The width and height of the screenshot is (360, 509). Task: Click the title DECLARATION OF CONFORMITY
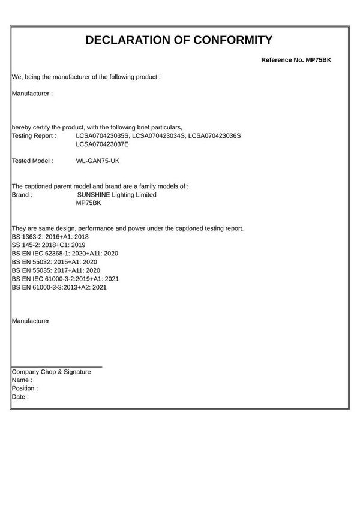pyautogui.click(x=179, y=41)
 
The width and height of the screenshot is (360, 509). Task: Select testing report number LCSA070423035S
pyautogui.click(x=102, y=136)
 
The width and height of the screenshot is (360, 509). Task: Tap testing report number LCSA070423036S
pyautogui.click(x=214, y=136)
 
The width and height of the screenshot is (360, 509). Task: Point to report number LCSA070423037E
pyautogui.click(x=102, y=144)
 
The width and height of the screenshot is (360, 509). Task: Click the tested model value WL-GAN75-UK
pyautogui.click(x=98, y=161)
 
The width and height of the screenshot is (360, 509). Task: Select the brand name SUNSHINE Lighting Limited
pyautogui.click(x=117, y=195)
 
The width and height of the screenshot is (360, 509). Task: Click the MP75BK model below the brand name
pyautogui.click(x=89, y=203)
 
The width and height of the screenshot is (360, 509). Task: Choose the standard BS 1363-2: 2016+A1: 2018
pyautogui.click(x=50, y=237)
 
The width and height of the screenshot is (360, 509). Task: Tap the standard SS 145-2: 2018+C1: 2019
pyautogui.click(x=49, y=245)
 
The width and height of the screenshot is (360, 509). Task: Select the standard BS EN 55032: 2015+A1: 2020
pyautogui.click(x=55, y=262)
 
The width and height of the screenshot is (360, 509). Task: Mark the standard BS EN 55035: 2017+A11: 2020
pyautogui.click(x=56, y=270)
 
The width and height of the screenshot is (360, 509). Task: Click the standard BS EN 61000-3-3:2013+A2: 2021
pyautogui.click(x=59, y=287)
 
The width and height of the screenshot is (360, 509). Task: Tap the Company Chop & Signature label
pyautogui.click(x=52, y=372)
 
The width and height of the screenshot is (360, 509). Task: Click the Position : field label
pyautogui.click(x=25, y=388)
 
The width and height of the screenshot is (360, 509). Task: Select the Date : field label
pyautogui.click(x=20, y=397)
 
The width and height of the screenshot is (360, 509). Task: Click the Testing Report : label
pyautogui.click(x=34, y=136)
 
